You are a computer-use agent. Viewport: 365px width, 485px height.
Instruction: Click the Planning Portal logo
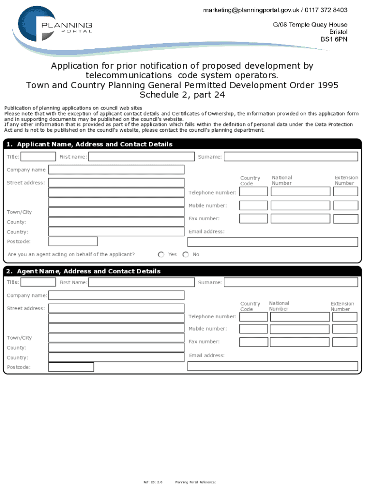click(x=55, y=26)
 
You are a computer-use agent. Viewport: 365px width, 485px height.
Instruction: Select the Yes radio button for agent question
click(x=161, y=254)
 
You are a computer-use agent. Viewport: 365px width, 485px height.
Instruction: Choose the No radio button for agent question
click(x=185, y=254)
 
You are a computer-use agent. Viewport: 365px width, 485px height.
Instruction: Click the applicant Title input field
click(x=38, y=156)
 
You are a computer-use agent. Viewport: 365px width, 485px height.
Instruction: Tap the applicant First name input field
click(x=141, y=156)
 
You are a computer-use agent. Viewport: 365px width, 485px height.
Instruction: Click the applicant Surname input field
click(x=291, y=156)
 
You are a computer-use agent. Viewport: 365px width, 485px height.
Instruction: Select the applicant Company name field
click(x=116, y=170)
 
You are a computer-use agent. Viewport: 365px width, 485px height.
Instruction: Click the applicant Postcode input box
click(x=73, y=242)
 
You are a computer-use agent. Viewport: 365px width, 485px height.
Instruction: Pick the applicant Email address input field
click(x=273, y=242)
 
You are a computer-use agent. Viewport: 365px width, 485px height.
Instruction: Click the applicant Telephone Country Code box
click(x=253, y=191)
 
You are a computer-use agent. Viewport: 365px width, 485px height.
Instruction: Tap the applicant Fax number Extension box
click(x=345, y=218)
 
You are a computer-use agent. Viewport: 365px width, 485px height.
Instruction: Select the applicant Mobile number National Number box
click(x=300, y=205)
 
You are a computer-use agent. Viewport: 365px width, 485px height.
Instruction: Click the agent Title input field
click(x=38, y=282)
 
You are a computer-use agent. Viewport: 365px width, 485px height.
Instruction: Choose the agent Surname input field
click(x=291, y=282)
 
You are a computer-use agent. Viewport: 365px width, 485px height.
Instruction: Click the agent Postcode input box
click(x=71, y=367)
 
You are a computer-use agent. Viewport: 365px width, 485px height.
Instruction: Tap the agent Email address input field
click(x=273, y=366)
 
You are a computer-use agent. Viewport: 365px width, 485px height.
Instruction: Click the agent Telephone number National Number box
click(x=300, y=316)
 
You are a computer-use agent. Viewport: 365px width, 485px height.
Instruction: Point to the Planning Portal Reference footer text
click(x=195, y=482)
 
